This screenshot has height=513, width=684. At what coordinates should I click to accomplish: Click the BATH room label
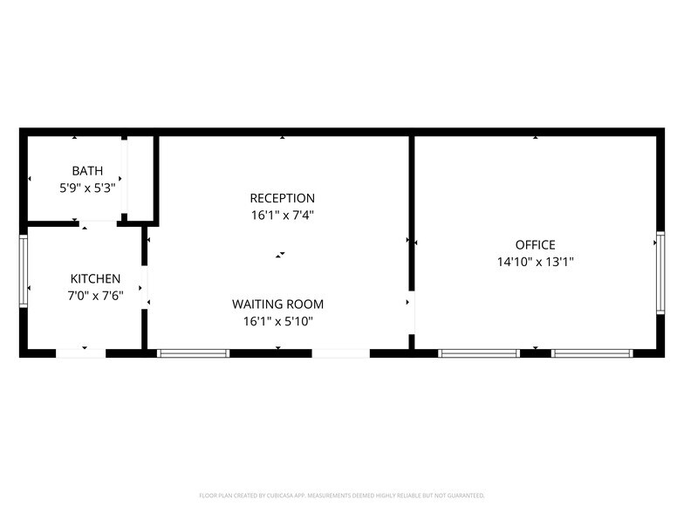87,170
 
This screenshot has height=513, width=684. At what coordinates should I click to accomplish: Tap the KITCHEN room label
95,278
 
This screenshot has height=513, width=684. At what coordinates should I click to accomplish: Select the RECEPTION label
282,198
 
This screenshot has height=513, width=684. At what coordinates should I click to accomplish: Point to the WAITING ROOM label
277,304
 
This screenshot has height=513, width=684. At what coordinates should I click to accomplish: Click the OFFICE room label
535,245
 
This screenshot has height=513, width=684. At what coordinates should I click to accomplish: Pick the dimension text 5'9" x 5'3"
87,188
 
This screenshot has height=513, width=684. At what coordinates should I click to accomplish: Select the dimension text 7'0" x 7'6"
95,295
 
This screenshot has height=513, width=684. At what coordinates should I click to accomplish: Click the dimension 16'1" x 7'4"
282,215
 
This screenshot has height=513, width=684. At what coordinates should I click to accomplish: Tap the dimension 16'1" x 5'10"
277,321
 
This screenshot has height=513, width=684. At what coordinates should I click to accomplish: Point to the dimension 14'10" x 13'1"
535,261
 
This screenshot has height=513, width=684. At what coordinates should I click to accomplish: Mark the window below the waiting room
193,353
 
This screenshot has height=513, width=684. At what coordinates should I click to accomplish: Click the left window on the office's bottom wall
479,353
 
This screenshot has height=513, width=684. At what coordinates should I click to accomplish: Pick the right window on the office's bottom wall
592,353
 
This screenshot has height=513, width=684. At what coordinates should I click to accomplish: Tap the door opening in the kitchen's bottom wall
81,353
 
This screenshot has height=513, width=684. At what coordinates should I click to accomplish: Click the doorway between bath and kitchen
99,223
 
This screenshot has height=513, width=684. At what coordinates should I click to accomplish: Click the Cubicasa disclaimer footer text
342,495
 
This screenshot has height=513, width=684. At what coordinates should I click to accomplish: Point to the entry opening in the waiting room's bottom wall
340,353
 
